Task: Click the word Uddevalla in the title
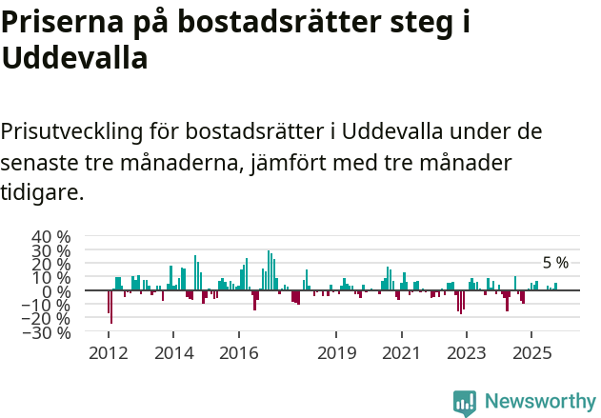[x=74, y=58]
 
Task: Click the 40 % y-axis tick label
[x=51, y=236]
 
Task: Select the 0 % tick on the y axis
[x=59, y=291]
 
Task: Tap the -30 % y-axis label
[x=49, y=333]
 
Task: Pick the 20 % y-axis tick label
[x=51, y=264]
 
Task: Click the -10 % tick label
[x=49, y=306]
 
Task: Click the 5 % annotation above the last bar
[x=555, y=263]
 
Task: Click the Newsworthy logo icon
[x=465, y=403]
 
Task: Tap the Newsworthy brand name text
[x=540, y=403]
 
